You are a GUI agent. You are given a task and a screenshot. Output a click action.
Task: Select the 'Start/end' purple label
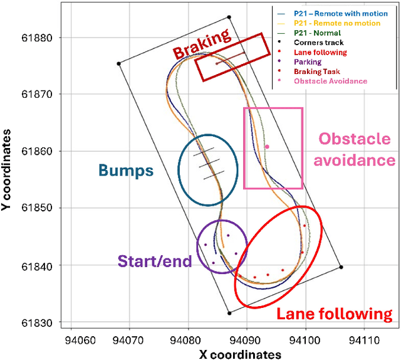154,259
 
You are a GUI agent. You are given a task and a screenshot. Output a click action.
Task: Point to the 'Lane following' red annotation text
335,314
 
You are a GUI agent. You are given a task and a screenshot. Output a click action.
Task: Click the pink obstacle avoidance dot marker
267,147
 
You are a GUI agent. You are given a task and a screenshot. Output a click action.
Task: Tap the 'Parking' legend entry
307,62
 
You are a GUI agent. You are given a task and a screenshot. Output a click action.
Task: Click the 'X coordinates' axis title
241,354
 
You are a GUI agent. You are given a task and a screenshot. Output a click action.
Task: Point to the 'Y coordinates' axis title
8,170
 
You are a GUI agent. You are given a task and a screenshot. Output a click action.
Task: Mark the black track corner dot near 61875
118,63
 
